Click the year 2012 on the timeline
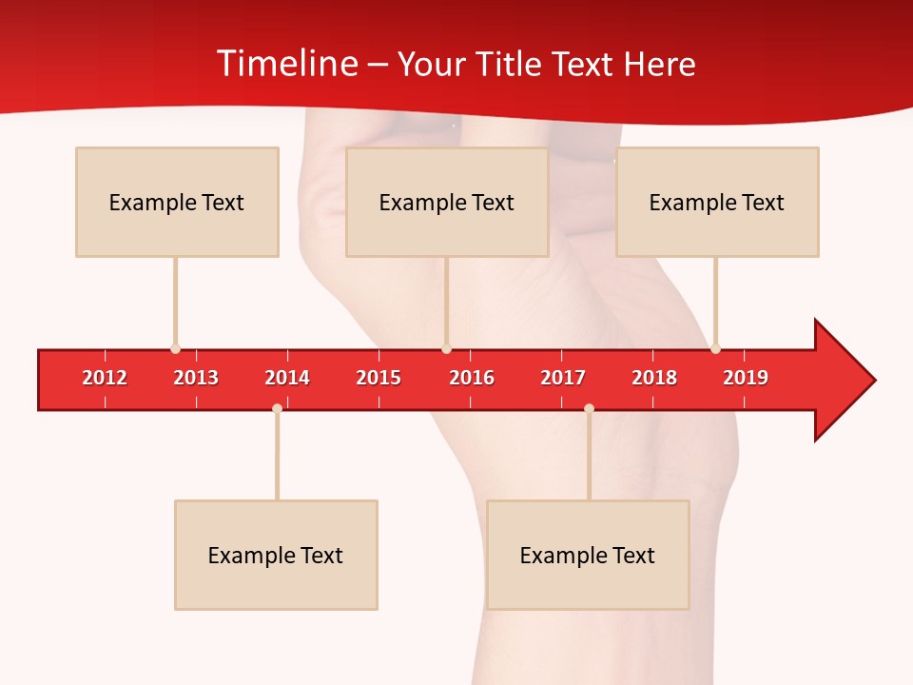[x=105, y=378]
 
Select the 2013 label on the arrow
[x=196, y=378]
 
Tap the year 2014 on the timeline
[x=287, y=378]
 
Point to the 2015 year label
[x=379, y=378]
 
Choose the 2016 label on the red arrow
[x=472, y=378]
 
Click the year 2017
[x=563, y=378]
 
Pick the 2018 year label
[x=654, y=378]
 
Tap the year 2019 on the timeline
[x=746, y=378]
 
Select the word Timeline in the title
[x=285, y=64]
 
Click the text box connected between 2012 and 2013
[x=177, y=202]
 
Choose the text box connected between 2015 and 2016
[x=447, y=202]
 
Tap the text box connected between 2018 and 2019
[x=717, y=202]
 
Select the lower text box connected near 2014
[x=276, y=555]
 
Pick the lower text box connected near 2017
[x=588, y=555]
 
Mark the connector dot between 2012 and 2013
[x=175, y=348]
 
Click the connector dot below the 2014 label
[x=277, y=408]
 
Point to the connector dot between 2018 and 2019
[x=715, y=348]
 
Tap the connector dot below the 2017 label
[x=589, y=408]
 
